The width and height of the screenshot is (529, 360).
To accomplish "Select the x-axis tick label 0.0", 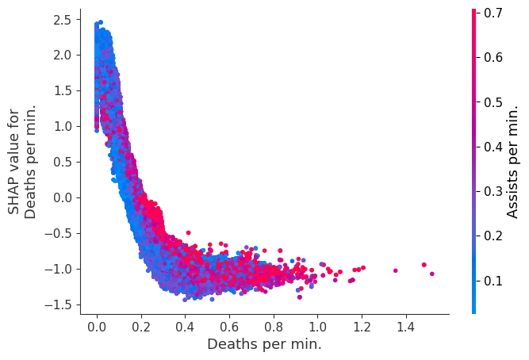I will (97, 327).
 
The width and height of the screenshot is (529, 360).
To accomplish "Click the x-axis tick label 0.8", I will (273, 327).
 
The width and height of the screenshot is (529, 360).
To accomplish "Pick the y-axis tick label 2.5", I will (62, 19).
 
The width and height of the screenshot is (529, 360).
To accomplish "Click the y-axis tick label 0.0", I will (62, 197).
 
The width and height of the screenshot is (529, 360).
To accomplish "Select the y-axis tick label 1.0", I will (62, 126).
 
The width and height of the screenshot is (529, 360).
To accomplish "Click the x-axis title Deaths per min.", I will (264, 345).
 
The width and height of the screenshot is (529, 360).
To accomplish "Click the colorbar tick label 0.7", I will (493, 13).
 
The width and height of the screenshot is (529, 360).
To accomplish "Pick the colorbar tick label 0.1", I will (493, 280).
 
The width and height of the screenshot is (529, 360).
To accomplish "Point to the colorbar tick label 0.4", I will (493, 147).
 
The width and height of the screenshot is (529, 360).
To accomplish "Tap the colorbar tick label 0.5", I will (493, 101).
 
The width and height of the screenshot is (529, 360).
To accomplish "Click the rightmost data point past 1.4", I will (431, 274).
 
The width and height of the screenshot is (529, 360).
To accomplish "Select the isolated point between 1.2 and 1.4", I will (395, 270).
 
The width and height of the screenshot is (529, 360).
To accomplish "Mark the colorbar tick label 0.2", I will (493, 236).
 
